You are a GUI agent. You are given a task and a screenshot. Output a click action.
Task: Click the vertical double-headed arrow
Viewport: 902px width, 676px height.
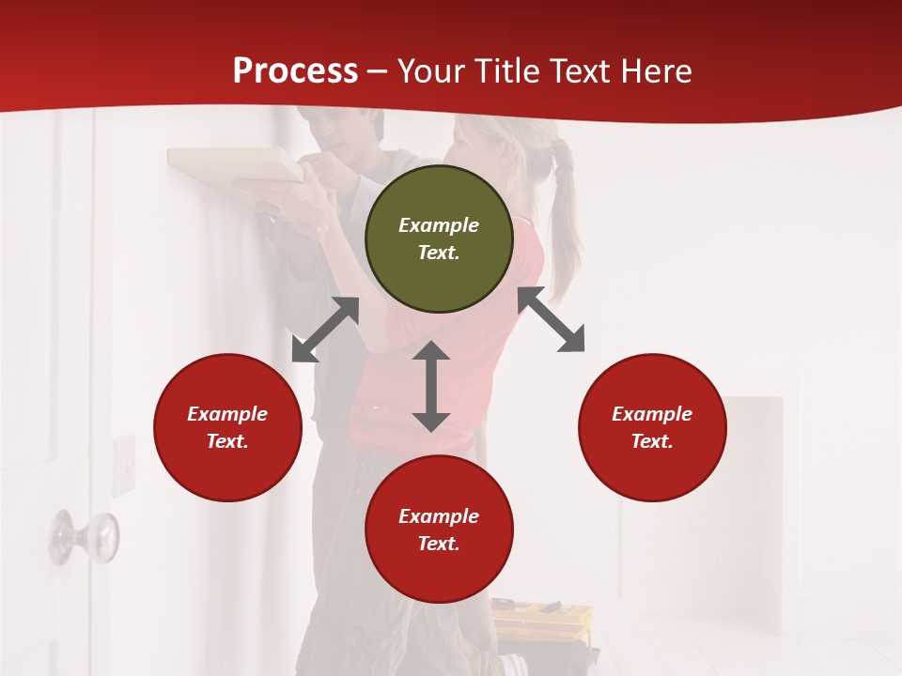(431, 386)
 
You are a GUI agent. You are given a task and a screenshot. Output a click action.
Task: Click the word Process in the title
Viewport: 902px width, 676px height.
(295, 70)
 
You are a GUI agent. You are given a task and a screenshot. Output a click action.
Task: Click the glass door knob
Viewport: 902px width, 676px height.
(86, 536)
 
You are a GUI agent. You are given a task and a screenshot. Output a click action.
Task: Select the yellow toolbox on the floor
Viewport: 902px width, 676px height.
(542, 615)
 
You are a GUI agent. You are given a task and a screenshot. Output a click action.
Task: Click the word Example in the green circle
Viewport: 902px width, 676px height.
(439, 225)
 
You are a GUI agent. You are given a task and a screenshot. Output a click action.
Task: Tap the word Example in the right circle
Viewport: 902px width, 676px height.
(652, 414)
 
